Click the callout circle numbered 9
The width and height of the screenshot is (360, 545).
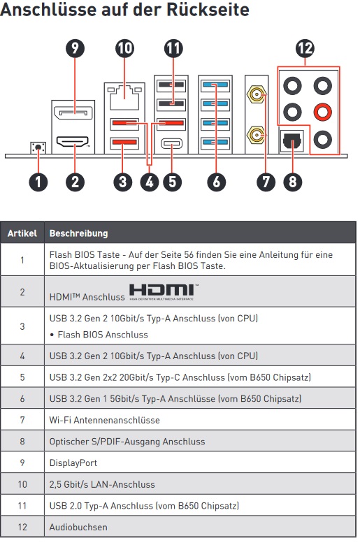75,48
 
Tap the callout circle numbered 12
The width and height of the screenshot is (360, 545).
305,48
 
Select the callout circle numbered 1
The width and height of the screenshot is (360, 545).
38,182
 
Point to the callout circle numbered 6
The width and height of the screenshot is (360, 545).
216,182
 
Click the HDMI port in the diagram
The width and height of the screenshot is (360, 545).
72,142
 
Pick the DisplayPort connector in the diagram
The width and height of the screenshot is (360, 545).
73,113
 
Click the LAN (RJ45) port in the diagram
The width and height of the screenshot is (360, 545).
124,98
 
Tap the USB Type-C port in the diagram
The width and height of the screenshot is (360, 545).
171,143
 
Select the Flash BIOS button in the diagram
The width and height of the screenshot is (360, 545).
38,147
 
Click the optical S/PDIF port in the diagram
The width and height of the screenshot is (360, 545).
292,140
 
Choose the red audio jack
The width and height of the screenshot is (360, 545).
322,112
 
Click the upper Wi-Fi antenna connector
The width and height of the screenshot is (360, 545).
257,94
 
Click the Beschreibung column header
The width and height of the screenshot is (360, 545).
78,233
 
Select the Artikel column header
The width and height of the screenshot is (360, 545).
22,233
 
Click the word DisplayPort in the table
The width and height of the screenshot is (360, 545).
73,463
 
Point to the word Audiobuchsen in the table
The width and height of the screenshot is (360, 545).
78,527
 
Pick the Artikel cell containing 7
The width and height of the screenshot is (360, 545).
22,420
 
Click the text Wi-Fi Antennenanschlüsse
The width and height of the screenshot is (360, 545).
104,420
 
